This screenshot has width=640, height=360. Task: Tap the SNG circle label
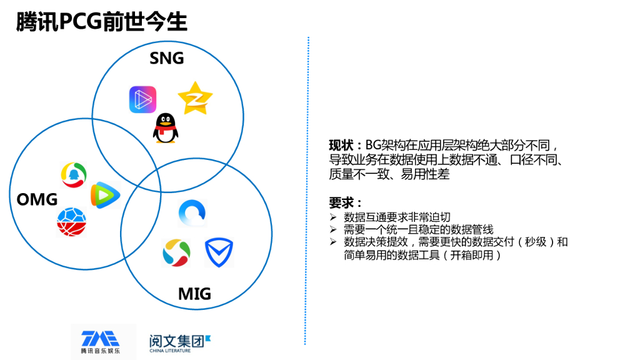(167, 58)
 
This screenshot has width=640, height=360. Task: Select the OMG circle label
(37, 199)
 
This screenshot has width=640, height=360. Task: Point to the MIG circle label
(194, 293)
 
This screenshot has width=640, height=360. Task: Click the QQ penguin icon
(164, 129)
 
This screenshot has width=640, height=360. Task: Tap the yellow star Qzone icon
(195, 98)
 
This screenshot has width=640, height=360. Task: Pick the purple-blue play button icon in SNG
(142, 99)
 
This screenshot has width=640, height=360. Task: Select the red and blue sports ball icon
(71, 222)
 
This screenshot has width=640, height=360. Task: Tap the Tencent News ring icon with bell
(74, 174)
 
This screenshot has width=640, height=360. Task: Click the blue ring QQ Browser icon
(192, 213)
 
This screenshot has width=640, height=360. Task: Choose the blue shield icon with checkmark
(219, 252)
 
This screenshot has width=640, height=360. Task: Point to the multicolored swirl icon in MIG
(176, 252)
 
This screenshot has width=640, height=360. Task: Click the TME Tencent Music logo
(99, 341)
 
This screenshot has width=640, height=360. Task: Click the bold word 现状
(342, 145)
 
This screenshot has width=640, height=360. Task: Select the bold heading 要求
(343, 202)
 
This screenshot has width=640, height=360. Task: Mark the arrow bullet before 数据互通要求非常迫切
(332, 217)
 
